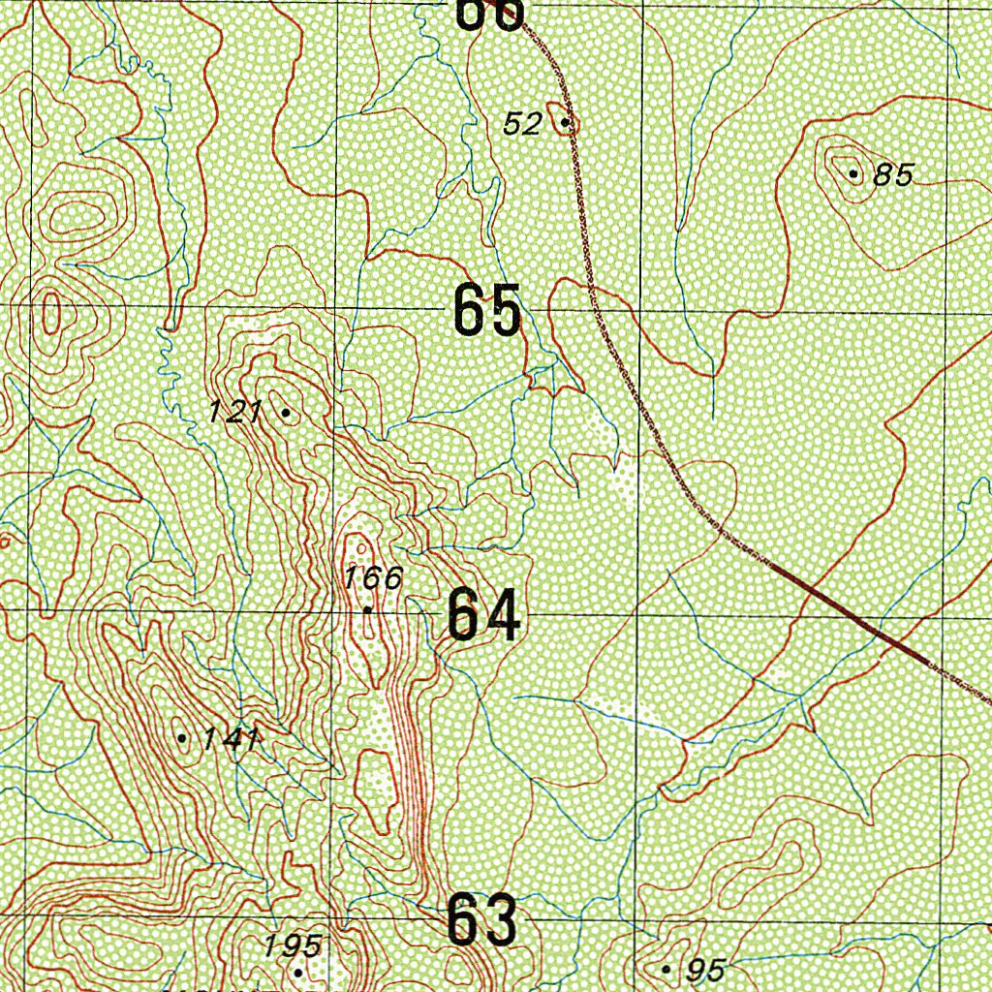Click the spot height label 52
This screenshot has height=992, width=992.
[522, 124]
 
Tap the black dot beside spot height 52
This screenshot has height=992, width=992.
[565, 123]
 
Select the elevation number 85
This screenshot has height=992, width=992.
[892, 175]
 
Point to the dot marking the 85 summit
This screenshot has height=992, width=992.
[852, 174]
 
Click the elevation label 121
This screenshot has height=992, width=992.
[235, 413]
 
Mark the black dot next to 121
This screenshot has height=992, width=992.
[285, 413]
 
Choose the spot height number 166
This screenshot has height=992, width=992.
[373, 579]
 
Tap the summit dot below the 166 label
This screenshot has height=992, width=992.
[368, 609]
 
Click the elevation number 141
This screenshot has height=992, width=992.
[230, 740]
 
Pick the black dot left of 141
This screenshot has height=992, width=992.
[182, 738]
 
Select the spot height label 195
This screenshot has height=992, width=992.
[293, 946]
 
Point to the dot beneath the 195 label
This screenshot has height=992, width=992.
[298, 972]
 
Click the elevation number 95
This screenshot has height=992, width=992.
[704, 969]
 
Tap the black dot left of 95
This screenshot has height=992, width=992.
[666, 968]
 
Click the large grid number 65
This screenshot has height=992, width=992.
[487, 311]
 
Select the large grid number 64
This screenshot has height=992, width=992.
[484, 617]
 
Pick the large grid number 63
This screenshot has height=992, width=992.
[481, 921]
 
